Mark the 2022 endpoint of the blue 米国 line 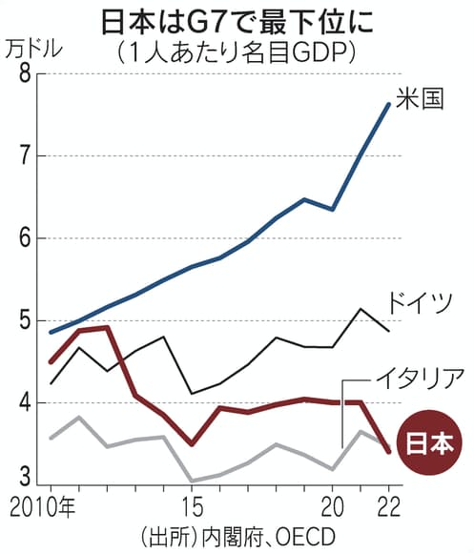click(x=388, y=104)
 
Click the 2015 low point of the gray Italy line click(x=193, y=481)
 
